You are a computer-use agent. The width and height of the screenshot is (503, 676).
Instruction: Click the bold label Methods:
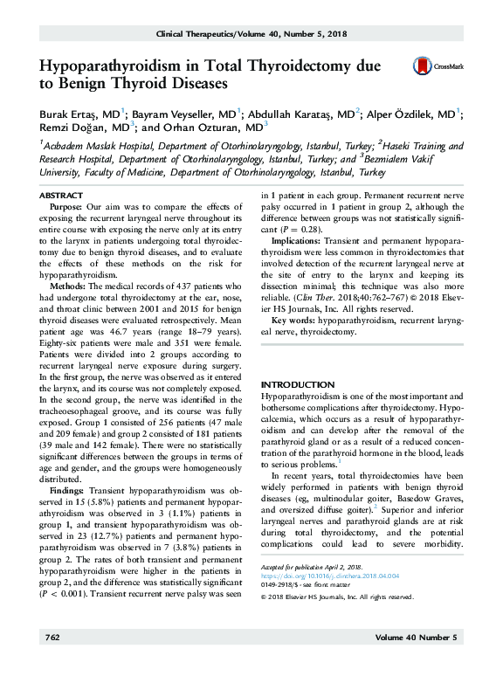(67, 286)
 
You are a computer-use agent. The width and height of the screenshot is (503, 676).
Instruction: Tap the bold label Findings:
(68, 490)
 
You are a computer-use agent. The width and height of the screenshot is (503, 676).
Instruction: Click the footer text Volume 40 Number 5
(415, 663)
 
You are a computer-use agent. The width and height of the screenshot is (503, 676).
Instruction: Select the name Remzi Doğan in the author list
(70, 128)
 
